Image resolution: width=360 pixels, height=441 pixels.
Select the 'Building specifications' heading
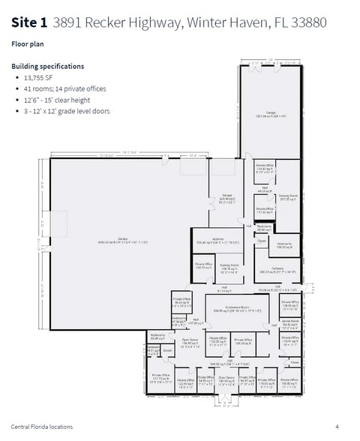(47, 66)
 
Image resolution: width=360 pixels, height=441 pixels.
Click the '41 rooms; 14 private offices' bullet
(66, 88)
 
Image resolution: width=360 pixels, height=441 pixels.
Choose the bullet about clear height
(59, 100)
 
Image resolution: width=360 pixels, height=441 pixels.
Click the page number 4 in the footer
(337, 427)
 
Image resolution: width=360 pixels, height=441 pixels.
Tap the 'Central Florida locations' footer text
(42, 427)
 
